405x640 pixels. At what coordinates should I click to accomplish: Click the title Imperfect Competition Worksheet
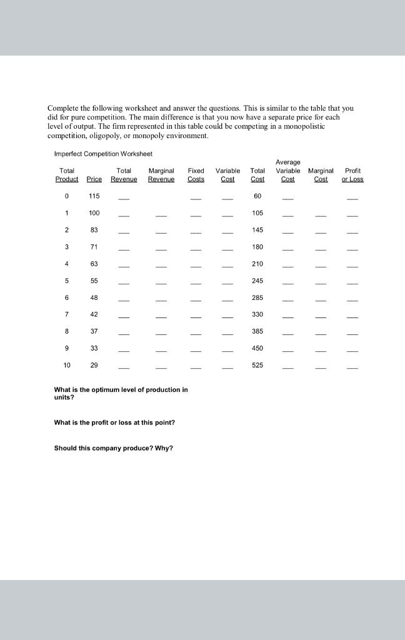pyautogui.click(x=103, y=154)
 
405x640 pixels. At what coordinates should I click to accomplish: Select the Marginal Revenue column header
pyautogui.click(x=161, y=175)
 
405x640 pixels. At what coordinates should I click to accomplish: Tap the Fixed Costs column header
pyautogui.click(x=196, y=175)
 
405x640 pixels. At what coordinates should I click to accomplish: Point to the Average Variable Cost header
pyautogui.click(x=287, y=171)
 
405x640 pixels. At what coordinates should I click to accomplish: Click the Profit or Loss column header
pyautogui.click(x=352, y=175)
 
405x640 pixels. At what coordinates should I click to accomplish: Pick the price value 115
pyautogui.click(x=94, y=196)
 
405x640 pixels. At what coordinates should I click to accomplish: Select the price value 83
pyautogui.click(x=94, y=230)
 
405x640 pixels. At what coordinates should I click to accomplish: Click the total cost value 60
pyautogui.click(x=257, y=196)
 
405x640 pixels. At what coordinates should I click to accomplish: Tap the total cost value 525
pyautogui.click(x=257, y=365)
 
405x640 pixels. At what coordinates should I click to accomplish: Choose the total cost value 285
pyautogui.click(x=257, y=297)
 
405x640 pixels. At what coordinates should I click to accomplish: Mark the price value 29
pyautogui.click(x=94, y=365)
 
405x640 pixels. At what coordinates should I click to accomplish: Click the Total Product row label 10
pyautogui.click(x=66, y=365)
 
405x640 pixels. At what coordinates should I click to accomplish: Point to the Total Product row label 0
pyautogui.click(x=66, y=196)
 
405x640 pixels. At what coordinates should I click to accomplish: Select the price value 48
pyautogui.click(x=94, y=297)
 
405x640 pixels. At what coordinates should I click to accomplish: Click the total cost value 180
pyautogui.click(x=257, y=247)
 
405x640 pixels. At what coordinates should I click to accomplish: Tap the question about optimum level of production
pyautogui.click(x=121, y=393)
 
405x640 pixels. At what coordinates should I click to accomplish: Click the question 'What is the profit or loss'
pyautogui.click(x=114, y=422)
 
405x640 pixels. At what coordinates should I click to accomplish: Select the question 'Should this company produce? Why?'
pyautogui.click(x=112, y=447)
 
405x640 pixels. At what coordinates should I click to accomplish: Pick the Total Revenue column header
pyautogui.click(x=124, y=175)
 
